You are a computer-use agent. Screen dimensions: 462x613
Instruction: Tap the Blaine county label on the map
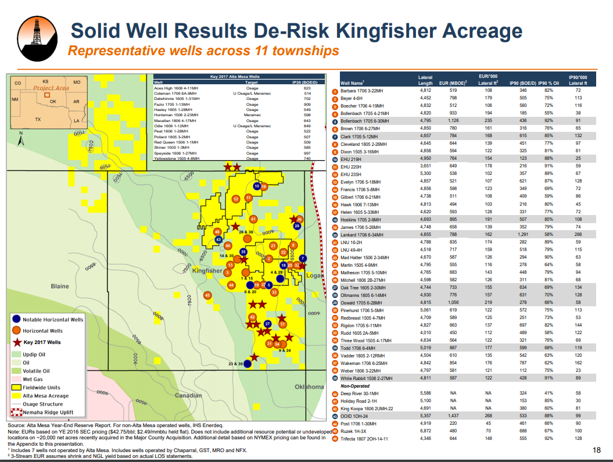click(60, 286)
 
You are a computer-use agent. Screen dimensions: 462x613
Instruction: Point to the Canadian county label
click(188, 395)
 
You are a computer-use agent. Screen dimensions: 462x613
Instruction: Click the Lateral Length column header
click(425, 80)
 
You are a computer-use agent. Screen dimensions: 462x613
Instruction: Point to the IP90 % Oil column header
click(549, 84)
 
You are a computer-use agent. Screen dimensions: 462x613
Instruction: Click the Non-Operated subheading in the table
click(355, 386)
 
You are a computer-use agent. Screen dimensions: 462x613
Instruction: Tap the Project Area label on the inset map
click(51, 88)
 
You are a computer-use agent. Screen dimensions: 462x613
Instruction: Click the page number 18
click(597, 450)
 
